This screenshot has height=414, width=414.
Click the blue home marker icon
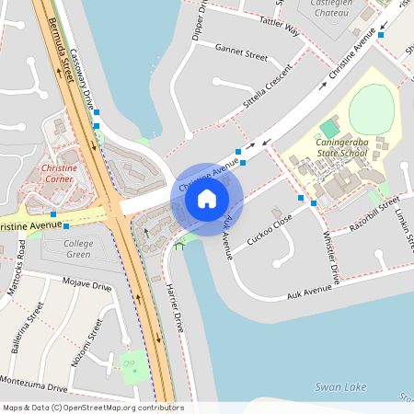click(x=207, y=199)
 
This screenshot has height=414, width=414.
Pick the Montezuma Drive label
click(x=33, y=382)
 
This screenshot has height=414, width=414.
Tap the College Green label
click(x=78, y=248)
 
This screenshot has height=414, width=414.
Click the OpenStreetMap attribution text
click(x=92, y=408)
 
